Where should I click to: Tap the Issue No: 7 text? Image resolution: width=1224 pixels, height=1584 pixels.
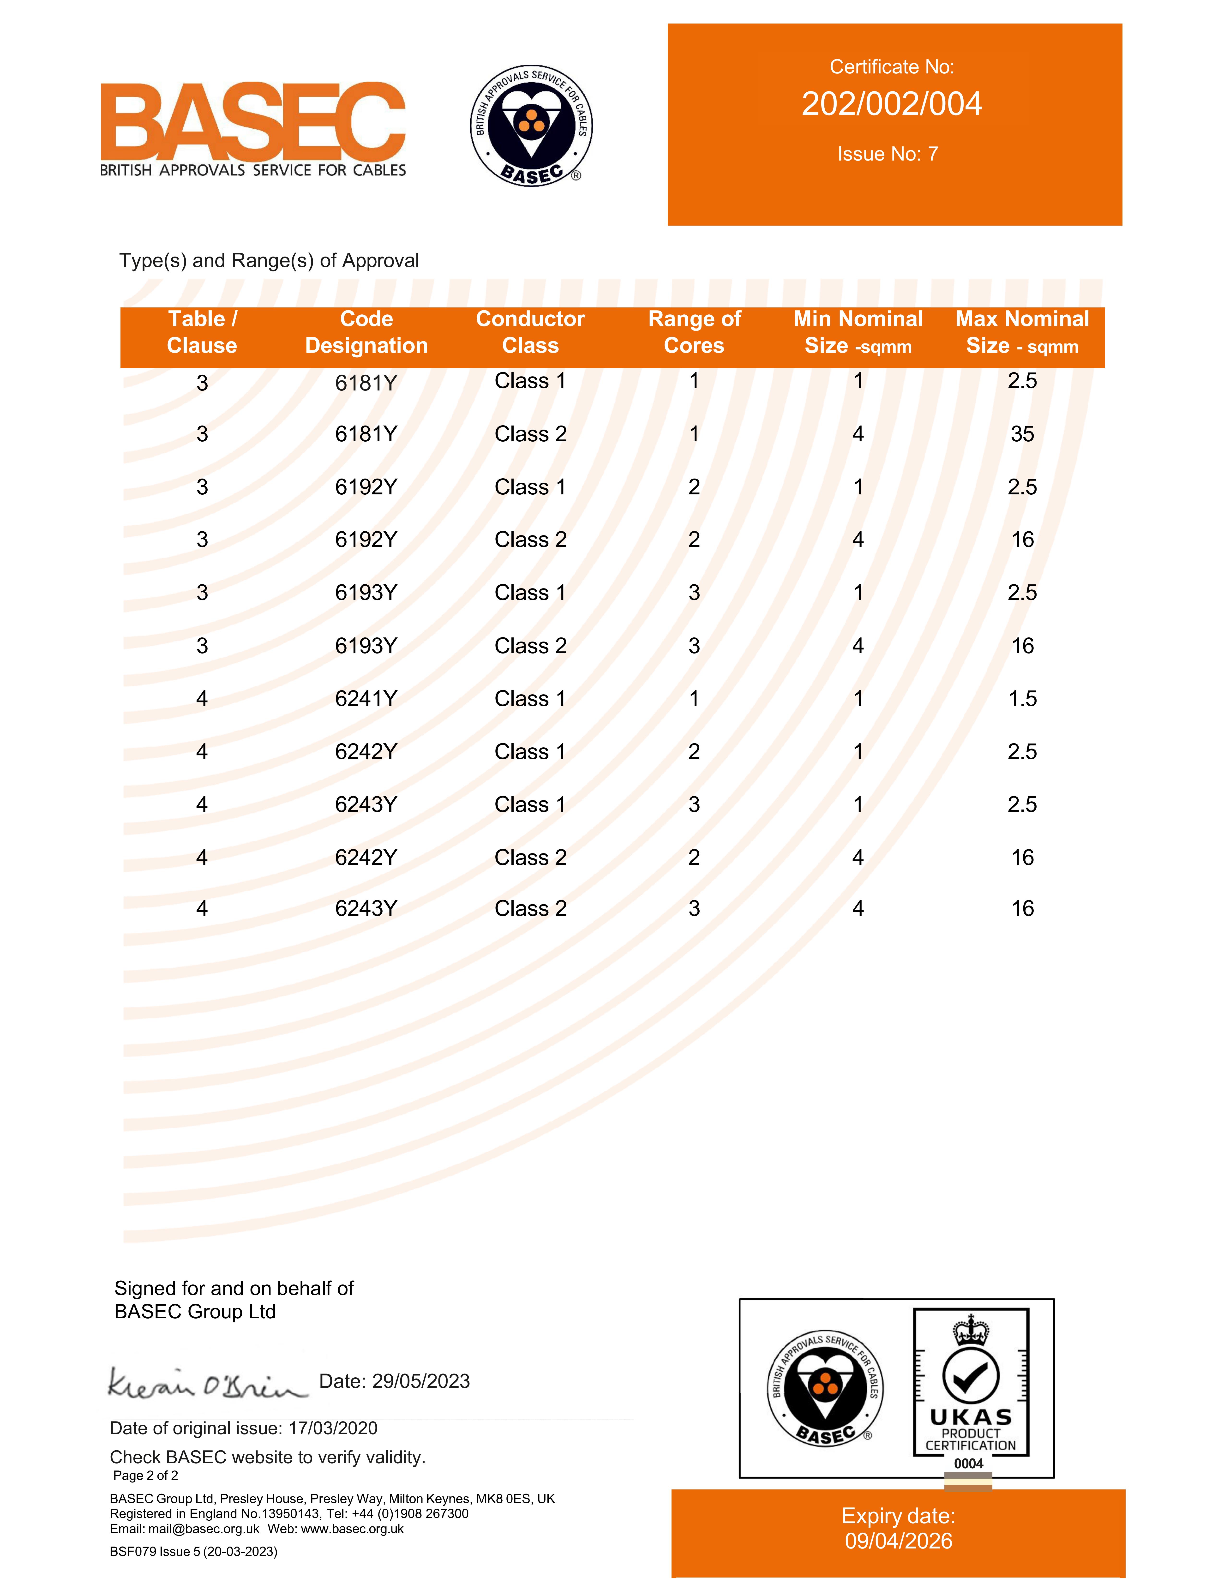coord(888,154)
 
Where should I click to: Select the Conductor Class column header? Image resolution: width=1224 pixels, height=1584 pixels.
coord(530,332)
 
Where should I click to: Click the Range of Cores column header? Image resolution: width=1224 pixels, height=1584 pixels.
coord(694,332)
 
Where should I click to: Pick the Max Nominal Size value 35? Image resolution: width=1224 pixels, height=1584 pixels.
coord(1022,434)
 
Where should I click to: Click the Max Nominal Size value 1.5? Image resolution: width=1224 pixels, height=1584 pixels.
coord(1022,698)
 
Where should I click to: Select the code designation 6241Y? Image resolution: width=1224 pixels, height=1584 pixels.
coord(366,698)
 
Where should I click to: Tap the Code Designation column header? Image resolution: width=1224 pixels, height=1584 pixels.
coord(366,332)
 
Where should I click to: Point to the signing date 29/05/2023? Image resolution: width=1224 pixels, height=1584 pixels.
coord(420,1381)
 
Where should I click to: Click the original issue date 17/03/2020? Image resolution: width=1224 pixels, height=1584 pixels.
coord(333,1428)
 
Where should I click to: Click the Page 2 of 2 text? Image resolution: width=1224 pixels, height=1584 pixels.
coord(146,1475)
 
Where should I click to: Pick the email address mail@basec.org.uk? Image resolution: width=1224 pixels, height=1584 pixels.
coord(204,1529)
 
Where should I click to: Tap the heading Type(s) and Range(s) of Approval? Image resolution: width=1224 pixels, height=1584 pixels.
coord(269,260)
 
